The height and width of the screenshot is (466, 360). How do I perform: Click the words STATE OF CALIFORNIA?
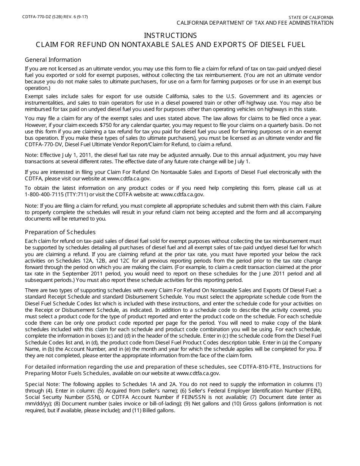(311, 17)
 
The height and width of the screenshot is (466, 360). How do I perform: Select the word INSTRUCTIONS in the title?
(170, 35)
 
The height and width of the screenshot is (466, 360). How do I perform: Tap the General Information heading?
(53, 60)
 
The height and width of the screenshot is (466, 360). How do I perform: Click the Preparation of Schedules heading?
(60, 232)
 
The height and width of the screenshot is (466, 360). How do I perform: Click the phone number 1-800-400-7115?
(43, 194)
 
